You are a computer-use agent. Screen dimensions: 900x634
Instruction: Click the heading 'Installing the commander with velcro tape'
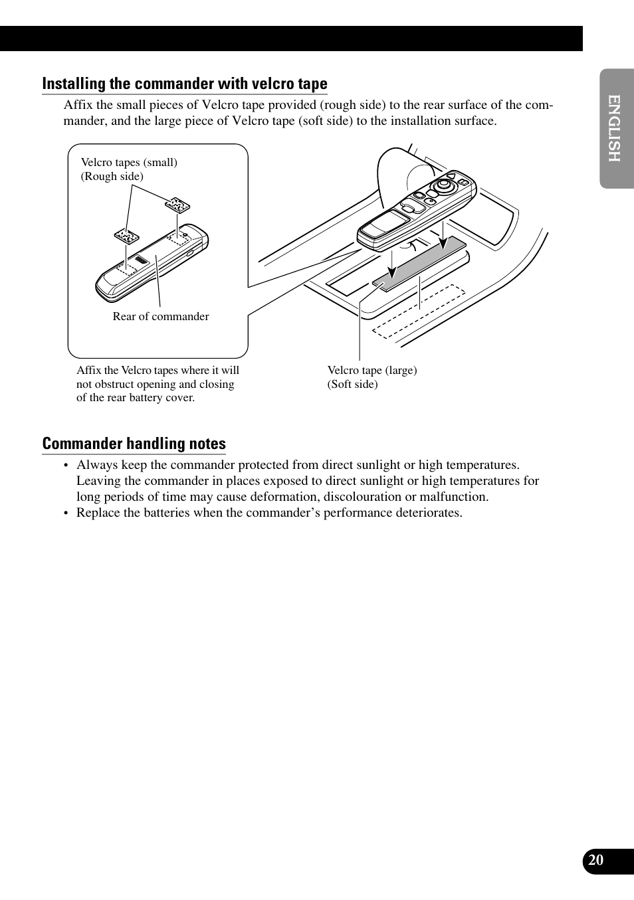pos(184,84)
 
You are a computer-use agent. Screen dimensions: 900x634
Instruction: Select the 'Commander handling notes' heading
pos(134,444)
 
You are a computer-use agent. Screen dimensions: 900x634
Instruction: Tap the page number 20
pos(596,860)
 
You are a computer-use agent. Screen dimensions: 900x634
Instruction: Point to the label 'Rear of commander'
pos(160,316)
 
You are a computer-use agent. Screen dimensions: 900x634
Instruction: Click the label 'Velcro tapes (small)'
pos(129,162)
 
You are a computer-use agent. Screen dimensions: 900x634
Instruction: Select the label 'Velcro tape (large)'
pos(372,370)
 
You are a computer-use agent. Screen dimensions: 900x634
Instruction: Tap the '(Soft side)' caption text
pos(352,384)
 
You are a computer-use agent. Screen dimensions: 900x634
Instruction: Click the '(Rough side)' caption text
pos(112,176)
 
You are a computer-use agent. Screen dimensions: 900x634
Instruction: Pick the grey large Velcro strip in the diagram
pos(419,264)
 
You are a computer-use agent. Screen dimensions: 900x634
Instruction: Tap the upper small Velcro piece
pos(177,205)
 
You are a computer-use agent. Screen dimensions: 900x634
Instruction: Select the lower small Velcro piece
pos(126,236)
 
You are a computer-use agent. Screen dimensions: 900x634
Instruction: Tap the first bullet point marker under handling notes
pos(66,466)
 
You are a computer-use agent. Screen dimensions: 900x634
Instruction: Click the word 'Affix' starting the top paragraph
pos(78,105)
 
